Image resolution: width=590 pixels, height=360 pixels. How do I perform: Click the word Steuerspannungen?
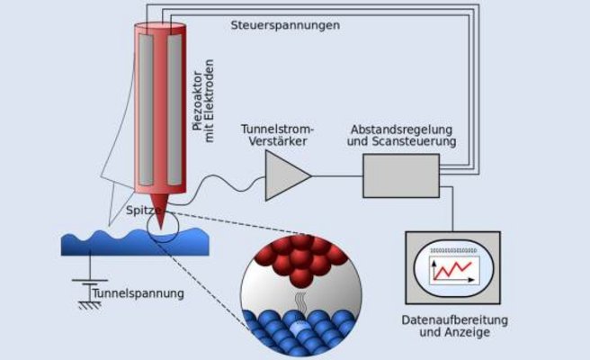285,24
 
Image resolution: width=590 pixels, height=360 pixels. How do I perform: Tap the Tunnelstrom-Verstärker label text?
278,135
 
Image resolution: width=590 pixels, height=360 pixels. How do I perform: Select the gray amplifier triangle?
284,175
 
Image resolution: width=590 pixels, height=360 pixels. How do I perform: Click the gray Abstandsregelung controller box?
401,175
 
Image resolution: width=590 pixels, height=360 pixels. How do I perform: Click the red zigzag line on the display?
454,267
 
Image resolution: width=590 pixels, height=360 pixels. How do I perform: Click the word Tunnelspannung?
139,293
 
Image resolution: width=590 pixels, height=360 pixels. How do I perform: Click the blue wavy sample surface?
135,240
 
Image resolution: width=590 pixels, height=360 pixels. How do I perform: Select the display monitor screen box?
452,267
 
